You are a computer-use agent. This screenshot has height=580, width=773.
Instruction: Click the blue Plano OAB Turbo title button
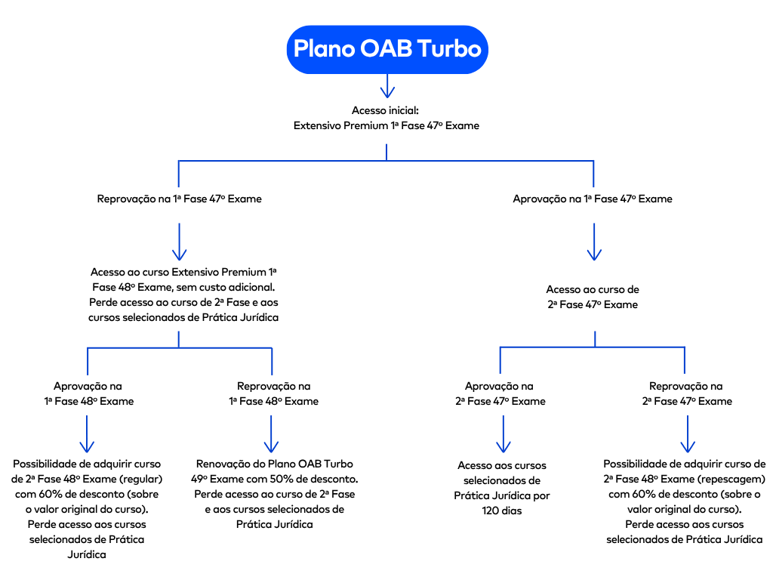click(x=386, y=48)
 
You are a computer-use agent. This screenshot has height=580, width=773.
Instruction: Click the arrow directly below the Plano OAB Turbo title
click(x=386, y=86)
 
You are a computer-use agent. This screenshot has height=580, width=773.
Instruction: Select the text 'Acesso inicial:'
click(x=386, y=110)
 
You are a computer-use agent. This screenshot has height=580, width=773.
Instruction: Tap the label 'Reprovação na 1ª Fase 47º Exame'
click(x=179, y=199)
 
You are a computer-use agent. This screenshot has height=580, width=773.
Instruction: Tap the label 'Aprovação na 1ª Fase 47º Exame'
click(x=593, y=199)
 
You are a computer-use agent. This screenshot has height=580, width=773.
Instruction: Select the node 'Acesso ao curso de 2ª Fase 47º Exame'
click(x=593, y=297)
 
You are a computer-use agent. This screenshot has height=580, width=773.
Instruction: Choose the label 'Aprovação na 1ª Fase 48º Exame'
click(x=88, y=393)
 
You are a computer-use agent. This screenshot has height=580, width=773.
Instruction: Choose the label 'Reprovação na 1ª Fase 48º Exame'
click(x=273, y=393)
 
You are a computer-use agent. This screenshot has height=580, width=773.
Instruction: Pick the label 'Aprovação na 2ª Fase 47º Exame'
click(x=500, y=393)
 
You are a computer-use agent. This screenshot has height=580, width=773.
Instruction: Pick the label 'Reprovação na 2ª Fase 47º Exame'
click(x=686, y=393)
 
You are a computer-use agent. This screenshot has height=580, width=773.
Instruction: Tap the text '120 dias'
click(x=502, y=511)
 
